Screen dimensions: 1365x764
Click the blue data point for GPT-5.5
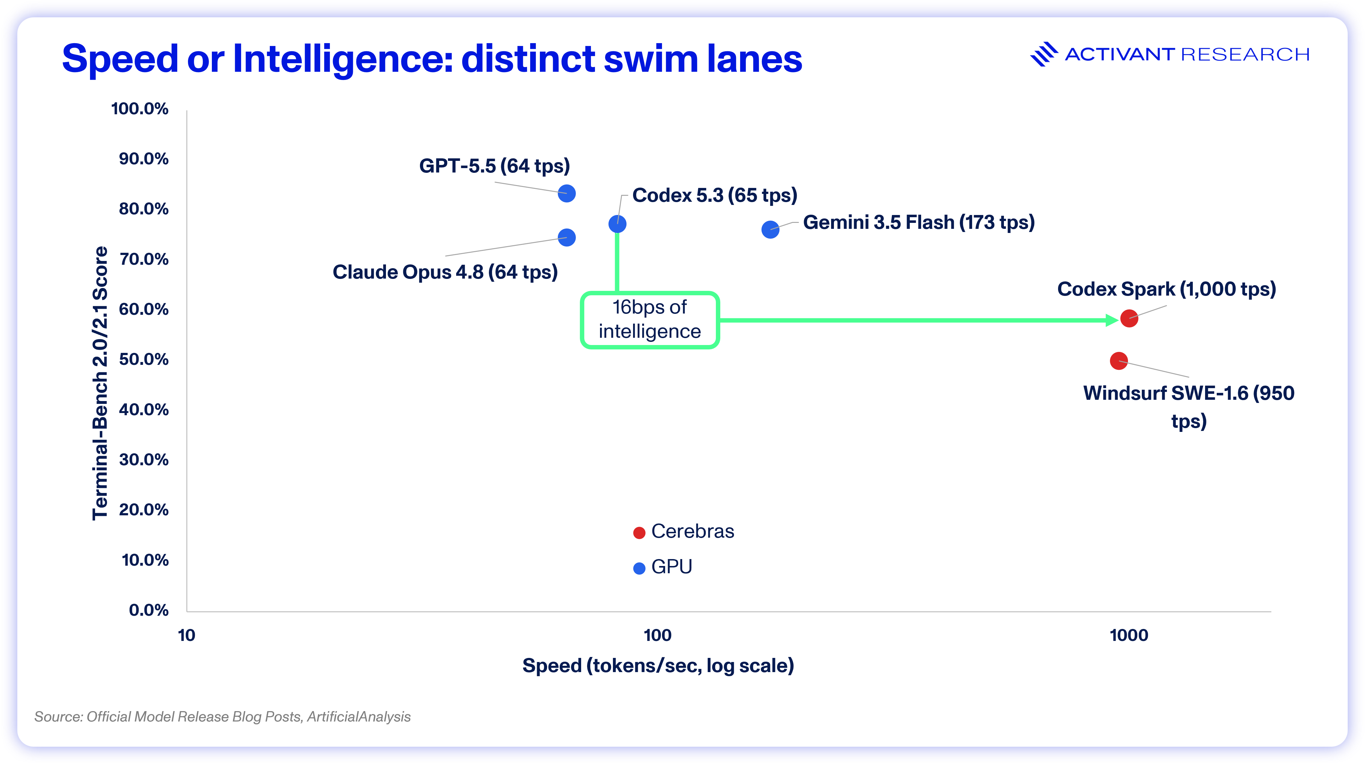(x=566, y=193)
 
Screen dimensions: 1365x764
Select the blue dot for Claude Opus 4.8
(x=566, y=237)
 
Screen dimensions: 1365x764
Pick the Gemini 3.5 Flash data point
(x=770, y=229)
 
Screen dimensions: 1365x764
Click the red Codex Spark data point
(x=1129, y=319)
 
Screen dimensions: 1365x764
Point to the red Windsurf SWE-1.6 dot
(x=1119, y=361)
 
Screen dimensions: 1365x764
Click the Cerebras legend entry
(x=683, y=531)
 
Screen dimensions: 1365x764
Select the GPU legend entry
(x=663, y=567)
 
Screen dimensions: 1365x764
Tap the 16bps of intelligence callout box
(x=650, y=320)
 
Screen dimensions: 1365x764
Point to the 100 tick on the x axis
(x=658, y=635)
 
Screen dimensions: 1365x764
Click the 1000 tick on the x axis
(x=1129, y=635)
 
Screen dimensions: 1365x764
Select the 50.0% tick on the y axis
(x=144, y=359)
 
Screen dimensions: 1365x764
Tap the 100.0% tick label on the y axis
(x=140, y=109)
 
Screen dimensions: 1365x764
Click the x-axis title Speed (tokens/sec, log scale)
(x=658, y=665)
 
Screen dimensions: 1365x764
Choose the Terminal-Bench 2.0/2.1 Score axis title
(x=100, y=383)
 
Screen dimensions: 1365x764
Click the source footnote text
(x=223, y=717)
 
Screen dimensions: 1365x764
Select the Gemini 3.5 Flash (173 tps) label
(x=919, y=223)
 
